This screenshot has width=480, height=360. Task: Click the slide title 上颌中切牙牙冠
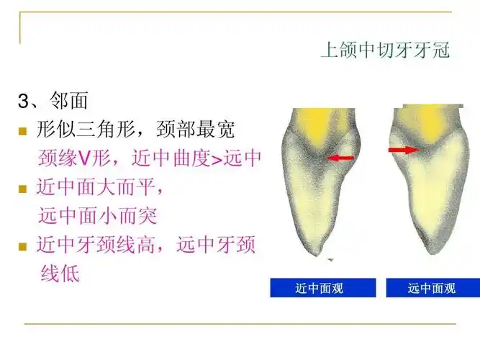tap(385, 50)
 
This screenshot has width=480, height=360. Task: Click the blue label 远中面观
tap(432, 288)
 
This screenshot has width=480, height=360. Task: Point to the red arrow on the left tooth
tap(340, 157)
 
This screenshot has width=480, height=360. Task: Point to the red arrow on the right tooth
tap(404, 150)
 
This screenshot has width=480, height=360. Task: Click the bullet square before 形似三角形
tap(22, 132)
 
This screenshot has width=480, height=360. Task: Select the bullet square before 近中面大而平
tap(22, 189)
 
